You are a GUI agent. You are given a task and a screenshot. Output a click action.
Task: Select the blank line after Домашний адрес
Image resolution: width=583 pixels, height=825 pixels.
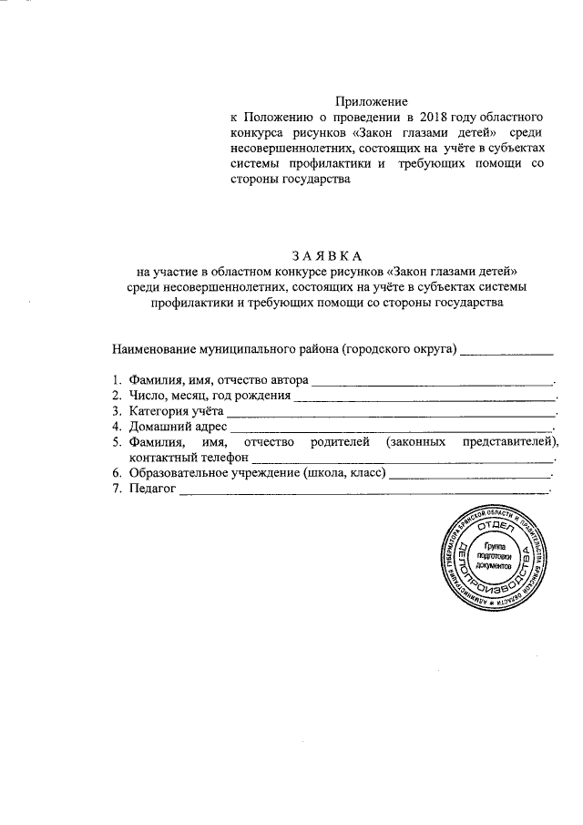392,428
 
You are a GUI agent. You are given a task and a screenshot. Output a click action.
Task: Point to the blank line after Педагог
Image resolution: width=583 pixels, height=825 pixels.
364,492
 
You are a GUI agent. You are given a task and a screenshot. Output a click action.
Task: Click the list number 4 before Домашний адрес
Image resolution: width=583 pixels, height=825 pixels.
117,426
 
